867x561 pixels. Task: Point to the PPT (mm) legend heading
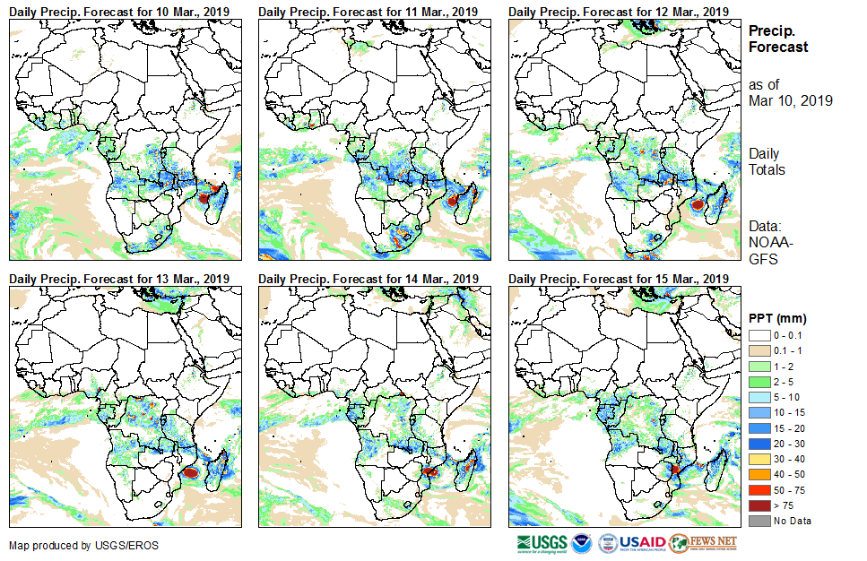777,318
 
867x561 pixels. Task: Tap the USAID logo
642,543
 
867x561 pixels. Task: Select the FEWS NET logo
704,543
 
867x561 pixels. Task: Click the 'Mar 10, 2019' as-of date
791,100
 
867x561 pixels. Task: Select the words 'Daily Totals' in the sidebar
767,161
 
